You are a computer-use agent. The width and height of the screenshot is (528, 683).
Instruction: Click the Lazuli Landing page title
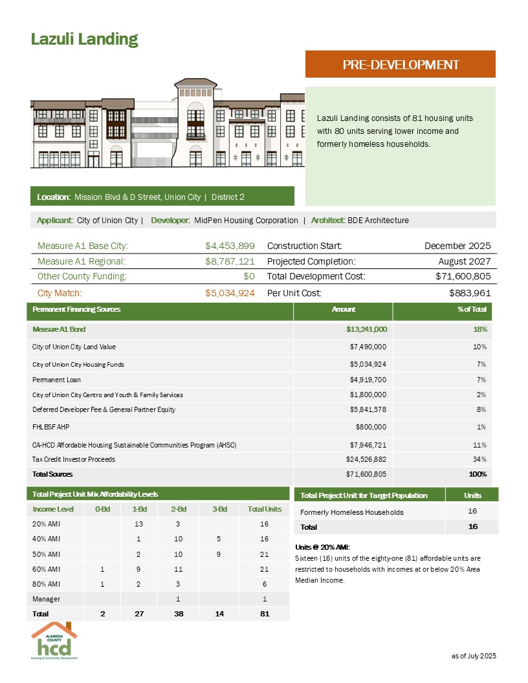coord(85,39)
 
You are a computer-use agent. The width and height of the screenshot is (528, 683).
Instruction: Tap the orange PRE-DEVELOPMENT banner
coord(400,65)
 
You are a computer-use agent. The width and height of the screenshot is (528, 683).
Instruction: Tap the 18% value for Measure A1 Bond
coord(479,329)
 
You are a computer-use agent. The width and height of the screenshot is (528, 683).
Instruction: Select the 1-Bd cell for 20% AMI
coord(138,525)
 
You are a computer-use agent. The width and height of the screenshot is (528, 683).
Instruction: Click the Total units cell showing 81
coord(264,613)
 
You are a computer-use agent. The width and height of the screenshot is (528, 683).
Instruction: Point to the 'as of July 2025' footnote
coord(474,656)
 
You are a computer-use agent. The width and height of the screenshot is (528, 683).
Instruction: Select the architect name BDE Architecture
coord(378,221)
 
